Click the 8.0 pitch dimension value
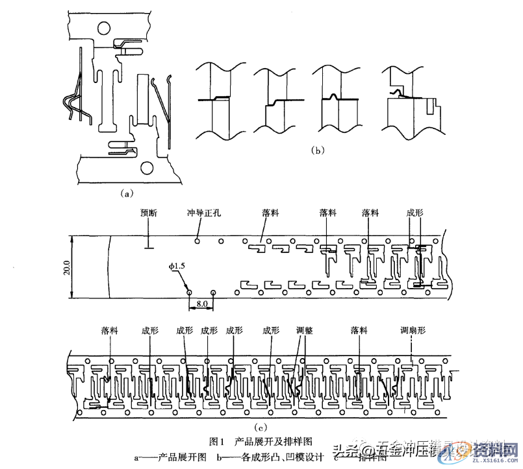click(201, 303)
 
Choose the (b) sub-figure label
click(318, 150)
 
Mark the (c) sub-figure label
click(260, 426)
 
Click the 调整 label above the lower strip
click(304, 330)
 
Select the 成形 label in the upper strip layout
click(415, 212)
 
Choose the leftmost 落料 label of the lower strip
click(110, 330)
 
